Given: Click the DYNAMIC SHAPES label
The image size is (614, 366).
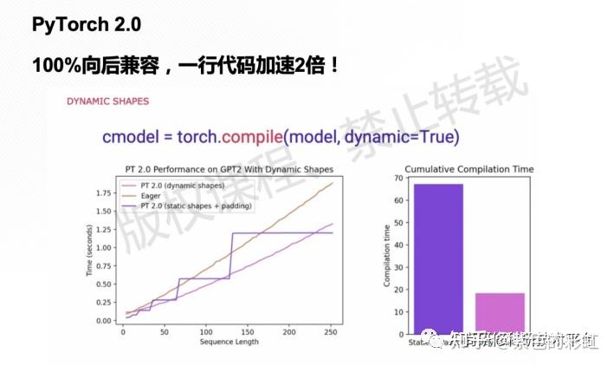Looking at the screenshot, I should point(107,101).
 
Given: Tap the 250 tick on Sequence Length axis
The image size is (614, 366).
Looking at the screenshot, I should point(328,333).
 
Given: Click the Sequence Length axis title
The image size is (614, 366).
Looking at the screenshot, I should point(229,343).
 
